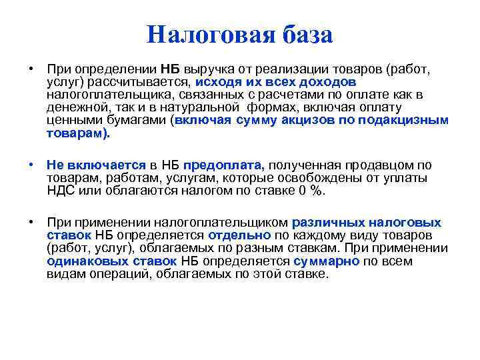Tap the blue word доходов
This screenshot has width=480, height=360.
tap(327, 81)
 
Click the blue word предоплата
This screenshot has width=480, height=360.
tap(224, 165)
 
